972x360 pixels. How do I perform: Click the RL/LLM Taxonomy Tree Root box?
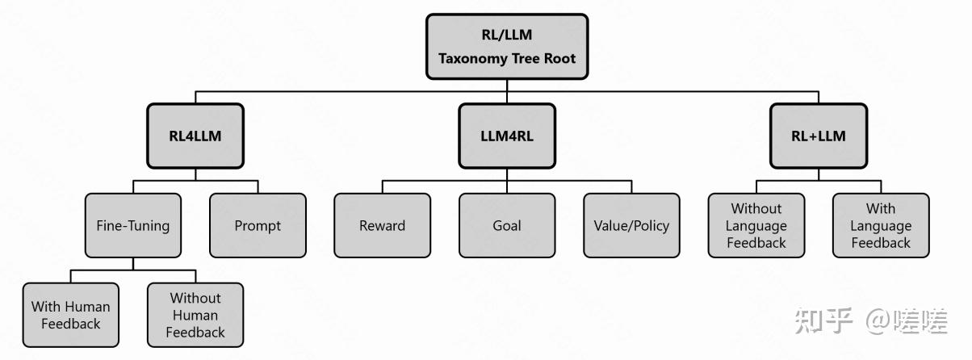(x=506, y=47)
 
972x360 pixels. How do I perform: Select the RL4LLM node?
(x=195, y=136)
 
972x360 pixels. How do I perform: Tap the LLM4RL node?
(x=506, y=136)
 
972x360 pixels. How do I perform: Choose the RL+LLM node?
(x=818, y=136)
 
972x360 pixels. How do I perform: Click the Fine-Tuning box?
(x=133, y=225)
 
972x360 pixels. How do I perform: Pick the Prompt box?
(x=258, y=225)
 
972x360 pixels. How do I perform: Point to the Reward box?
(x=382, y=225)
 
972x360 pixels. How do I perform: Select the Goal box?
(x=506, y=225)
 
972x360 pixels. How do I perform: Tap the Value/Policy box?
(x=631, y=225)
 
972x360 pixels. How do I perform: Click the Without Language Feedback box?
(x=756, y=225)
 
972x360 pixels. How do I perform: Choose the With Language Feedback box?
(x=880, y=225)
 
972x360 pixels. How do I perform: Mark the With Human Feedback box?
(x=70, y=315)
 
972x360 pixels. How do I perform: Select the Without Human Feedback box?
(x=195, y=315)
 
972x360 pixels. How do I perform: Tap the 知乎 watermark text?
(x=823, y=320)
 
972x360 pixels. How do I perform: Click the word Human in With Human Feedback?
(x=87, y=307)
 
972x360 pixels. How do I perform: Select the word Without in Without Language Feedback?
(x=756, y=209)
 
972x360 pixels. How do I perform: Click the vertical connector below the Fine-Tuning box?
(x=133, y=264)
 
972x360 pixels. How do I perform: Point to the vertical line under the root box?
(x=506, y=84)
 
